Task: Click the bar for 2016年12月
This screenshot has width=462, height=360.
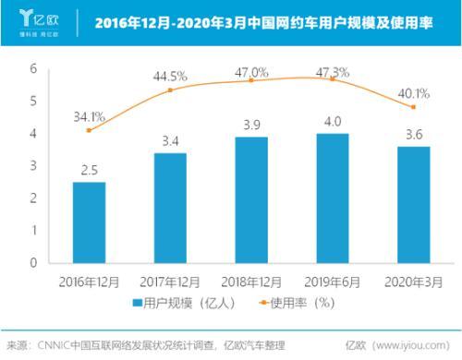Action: click(89, 222)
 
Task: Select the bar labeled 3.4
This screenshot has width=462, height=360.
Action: click(169, 208)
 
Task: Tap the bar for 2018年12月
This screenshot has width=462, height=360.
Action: click(250, 199)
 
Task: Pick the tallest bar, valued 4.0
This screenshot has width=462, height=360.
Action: click(332, 198)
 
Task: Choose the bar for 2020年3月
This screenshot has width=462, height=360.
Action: click(412, 204)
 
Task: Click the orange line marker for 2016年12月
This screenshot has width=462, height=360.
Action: click(89, 130)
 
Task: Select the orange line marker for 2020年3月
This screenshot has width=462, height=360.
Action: click(412, 107)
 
